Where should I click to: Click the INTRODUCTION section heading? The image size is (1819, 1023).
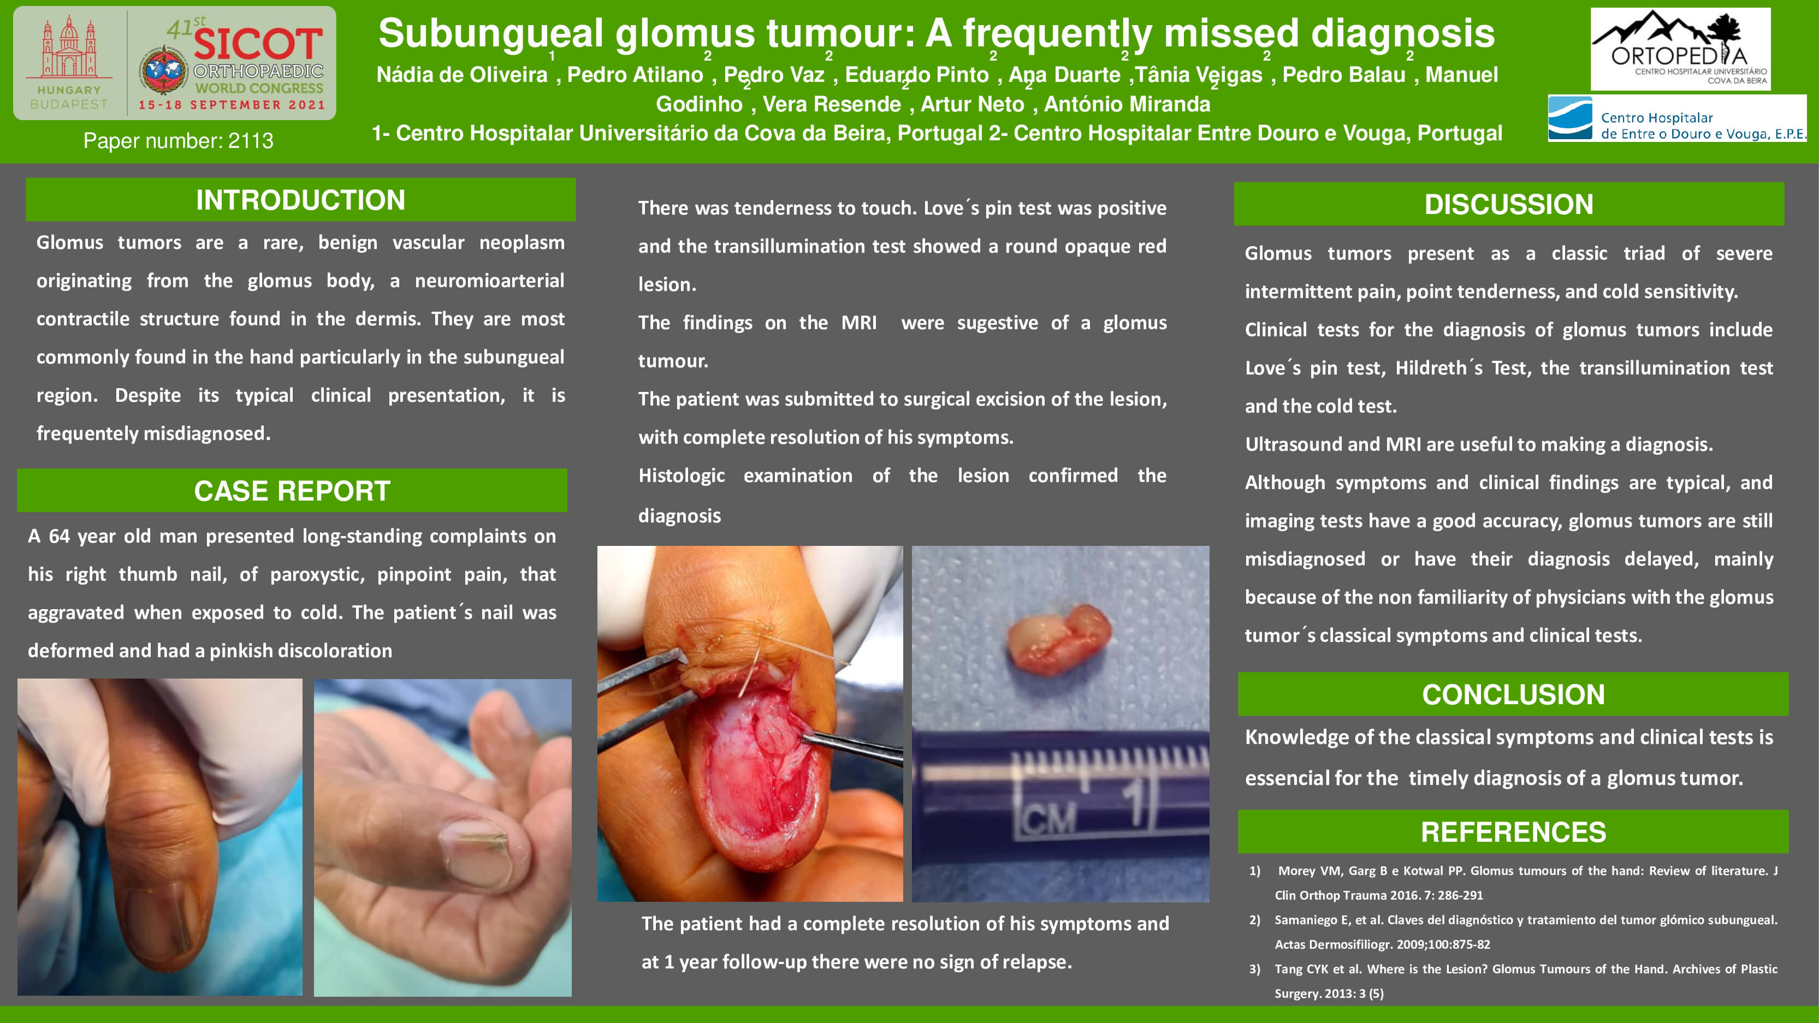[300, 200]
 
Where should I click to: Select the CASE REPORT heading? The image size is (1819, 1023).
[292, 491]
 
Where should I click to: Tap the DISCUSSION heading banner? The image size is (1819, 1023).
[1508, 204]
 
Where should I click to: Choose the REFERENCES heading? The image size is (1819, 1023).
[1513, 832]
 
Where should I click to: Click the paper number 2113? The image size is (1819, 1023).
[178, 140]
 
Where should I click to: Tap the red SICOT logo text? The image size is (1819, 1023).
[258, 44]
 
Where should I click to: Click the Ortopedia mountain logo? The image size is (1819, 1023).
[1680, 49]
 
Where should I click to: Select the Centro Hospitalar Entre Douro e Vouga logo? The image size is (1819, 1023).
[1677, 118]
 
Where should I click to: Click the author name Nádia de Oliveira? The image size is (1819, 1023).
[462, 74]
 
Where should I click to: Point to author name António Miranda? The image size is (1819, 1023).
[1127, 104]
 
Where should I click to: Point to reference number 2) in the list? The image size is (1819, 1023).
[1255, 919]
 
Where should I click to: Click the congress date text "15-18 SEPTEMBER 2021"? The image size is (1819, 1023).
[232, 104]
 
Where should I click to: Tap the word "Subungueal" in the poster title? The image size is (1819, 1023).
[491, 33]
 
